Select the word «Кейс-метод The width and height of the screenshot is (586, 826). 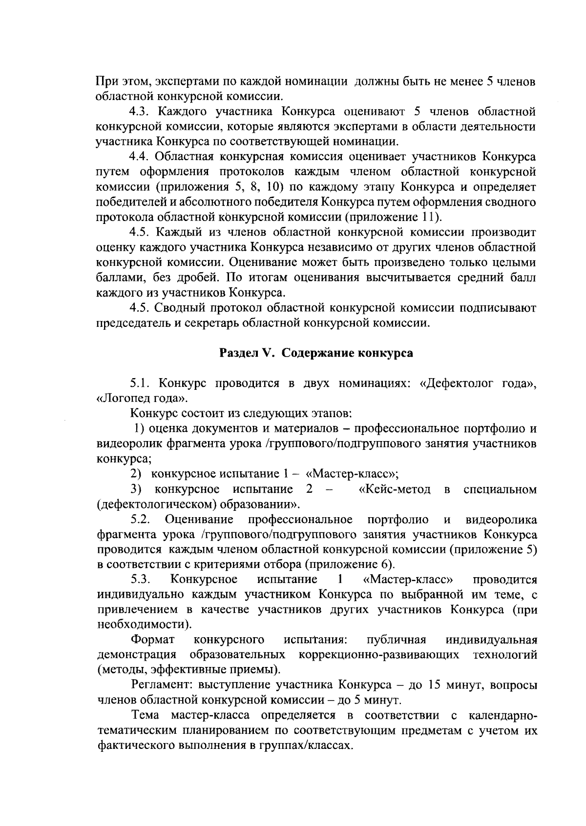pos(395,489)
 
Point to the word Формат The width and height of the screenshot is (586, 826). pos(149,640)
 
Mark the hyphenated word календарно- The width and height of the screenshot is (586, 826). pos(502,716)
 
